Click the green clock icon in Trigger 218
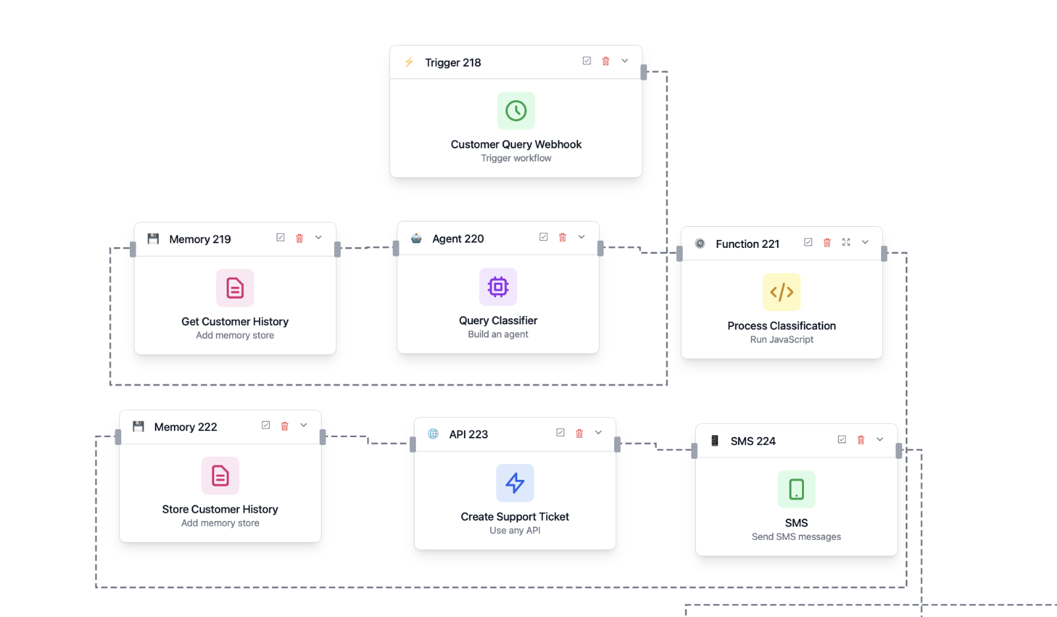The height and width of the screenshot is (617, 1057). (x=516, y=111)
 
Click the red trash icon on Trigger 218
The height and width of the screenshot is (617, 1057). (x=606, y=61)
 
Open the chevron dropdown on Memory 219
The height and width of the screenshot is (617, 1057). (x=318, y=237)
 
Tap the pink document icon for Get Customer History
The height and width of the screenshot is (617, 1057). (x=235, y=288)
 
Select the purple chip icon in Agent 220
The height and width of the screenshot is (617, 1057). (x=498, y=287)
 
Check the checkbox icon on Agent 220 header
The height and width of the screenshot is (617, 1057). (x=544, y=237)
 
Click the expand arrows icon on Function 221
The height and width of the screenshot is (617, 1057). (x=846, y=243)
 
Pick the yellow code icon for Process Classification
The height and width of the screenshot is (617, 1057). (x=782, y=292)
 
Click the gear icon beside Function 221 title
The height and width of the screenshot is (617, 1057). (x=700, y=244)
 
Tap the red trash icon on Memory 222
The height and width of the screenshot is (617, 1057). (x=285, y=426)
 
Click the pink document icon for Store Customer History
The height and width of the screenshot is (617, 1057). (x=220, y=475)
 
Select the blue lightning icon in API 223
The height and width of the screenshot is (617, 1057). (x=515, y=483)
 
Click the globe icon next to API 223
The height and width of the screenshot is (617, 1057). (x=434, y=434)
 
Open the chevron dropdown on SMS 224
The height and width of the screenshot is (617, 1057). (x=880, y=440)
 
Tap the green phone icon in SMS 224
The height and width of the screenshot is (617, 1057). (x=796, y=489)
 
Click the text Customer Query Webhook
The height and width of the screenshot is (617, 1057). (x=516, y=144)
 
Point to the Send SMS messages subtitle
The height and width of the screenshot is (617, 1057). (x=796, y=537)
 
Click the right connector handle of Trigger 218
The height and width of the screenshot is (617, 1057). (x=644, y=73)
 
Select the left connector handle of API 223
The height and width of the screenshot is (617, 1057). (x=413, y=444)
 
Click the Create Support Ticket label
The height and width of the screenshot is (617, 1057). (x=515, y=517)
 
